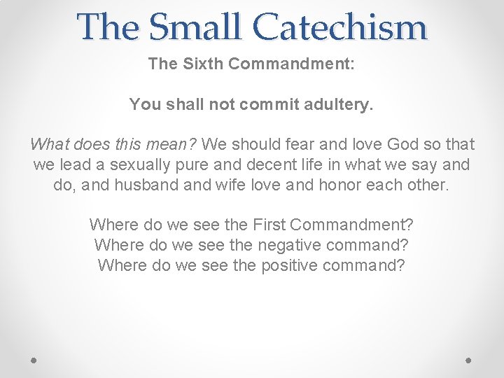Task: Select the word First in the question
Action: click(x=269, y=225)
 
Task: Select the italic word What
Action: click(x=48, y=145)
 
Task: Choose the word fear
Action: click(x=276, y=145)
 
